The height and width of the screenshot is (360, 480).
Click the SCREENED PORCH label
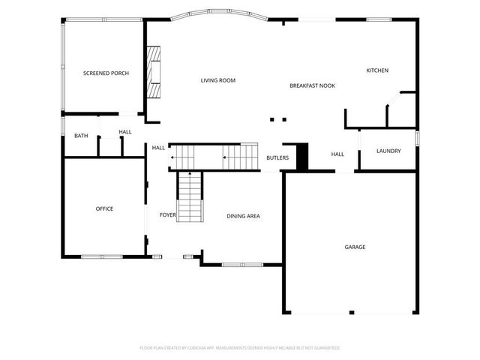[x=106, y=73]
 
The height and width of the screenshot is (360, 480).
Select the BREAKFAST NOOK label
[x=312, y=85]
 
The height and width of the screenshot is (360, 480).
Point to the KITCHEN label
[x=376, y=70]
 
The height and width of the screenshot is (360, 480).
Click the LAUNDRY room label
[x=388, y=151]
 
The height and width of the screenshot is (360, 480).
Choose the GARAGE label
[x=355, y=247]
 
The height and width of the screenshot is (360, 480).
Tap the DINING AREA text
[x=243, y=216]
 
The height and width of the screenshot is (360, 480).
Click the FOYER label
[x=167, y=215]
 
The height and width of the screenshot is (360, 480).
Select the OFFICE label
[x=104, y=208]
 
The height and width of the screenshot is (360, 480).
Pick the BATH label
[x=80, y=136]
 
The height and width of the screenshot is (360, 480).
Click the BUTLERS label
[x=278, y=157]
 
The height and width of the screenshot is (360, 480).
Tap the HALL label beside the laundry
[x=337, y=154]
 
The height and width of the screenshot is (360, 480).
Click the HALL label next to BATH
[x=124, y=132]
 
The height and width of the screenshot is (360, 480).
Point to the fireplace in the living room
[x=154, y=72]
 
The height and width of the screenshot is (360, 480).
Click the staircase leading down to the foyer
[x=190, y=195]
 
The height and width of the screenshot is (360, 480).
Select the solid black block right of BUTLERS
[x=302, y=156]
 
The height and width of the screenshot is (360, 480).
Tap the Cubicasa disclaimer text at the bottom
[x=240, y=348]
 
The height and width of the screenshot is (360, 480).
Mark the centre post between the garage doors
[x=350, y=311]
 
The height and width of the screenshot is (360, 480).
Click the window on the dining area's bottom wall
[x=241, y=264]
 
